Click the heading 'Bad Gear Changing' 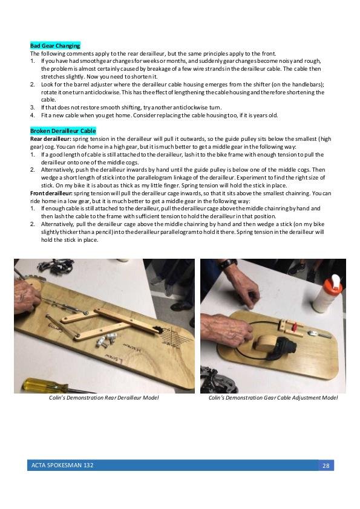(x=55, y=46)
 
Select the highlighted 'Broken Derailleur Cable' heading (x=63, y=131)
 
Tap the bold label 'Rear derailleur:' (x=51, y=139)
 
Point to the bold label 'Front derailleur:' (x=51, y=193)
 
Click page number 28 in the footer (x=326, y=465)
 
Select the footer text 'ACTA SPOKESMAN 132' (x=62, y=465)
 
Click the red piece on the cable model (x=295, y=326)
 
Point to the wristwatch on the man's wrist (x=227, y=263)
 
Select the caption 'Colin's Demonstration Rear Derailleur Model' (x=103, y=398)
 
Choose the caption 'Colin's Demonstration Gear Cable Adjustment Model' (x=273, y=398)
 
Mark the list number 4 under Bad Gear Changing (x=33, y=115)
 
